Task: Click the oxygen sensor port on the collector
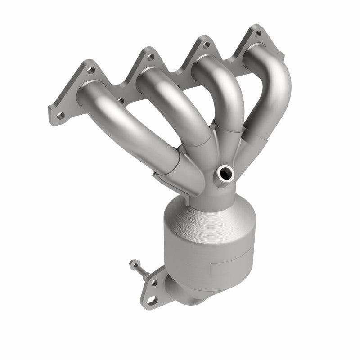coord(225,172)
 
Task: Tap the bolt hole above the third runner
coord(206,45)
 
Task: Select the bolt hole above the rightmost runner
coord(258,33)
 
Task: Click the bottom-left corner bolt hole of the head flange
coord(59,116)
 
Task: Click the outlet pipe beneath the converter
coord(180,292)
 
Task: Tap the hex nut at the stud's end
coord(132,262)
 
